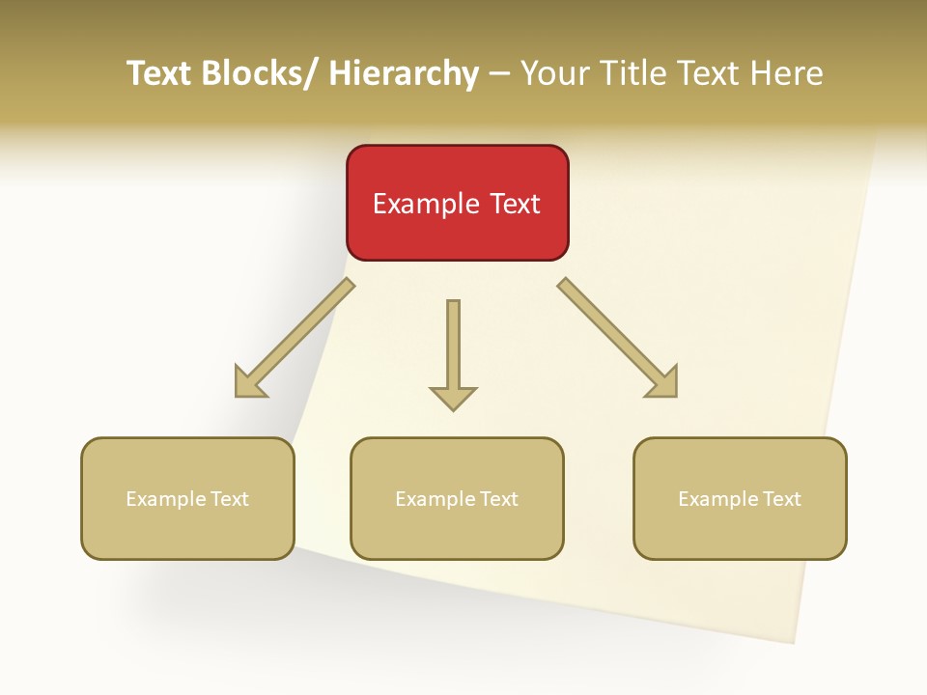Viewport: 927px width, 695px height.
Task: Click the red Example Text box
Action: pyautogui.click(x=457, y=203)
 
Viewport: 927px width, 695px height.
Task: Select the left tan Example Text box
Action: pyautogui.click(x=187, y=498)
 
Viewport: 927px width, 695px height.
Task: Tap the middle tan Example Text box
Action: pyautogui.click(x=457, y=498)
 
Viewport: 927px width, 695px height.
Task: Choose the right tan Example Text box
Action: pyautogui.click(x=740, y=498)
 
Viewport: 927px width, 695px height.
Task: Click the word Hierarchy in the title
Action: pyautogui.click(x=404, y=73)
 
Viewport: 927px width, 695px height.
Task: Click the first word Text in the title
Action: pyautogui.click(x=159, y=73)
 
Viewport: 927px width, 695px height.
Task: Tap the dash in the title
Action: pyautogui.click(x=499, y=73)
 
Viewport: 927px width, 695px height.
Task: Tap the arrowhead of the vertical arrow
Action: pyautogui.click(x=453, y=398)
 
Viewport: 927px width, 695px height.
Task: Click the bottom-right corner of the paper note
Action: pyautogui.click(x=794, y=642)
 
